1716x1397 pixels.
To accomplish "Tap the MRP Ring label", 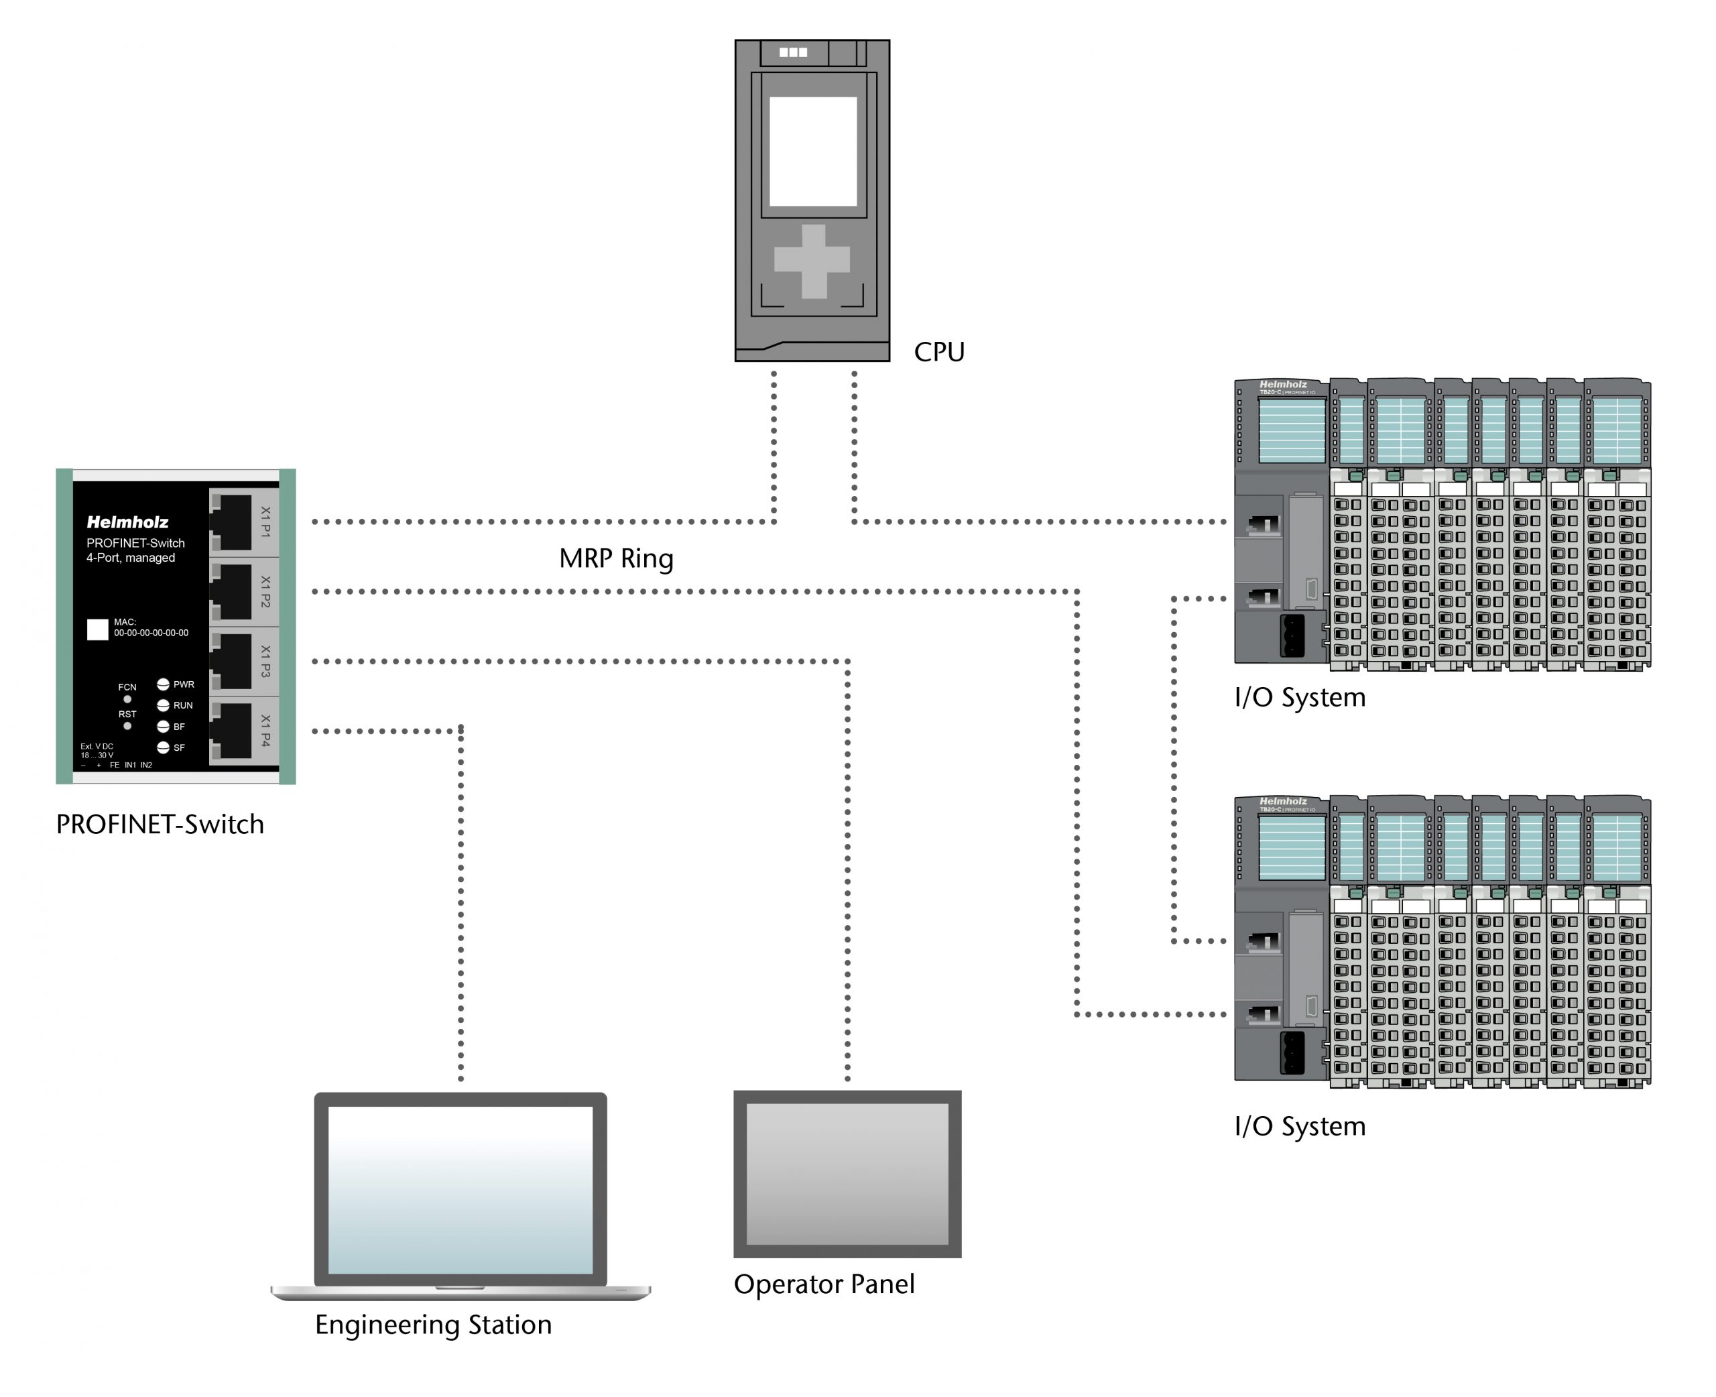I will pos(615,558).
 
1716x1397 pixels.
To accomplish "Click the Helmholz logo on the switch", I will pos(127,522).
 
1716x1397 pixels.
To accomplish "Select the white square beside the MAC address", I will pos(97,629).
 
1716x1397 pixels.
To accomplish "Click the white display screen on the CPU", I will pos(812,151).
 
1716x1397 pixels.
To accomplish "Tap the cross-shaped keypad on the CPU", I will pos(812,260).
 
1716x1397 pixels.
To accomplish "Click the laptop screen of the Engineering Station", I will pos(461,1189).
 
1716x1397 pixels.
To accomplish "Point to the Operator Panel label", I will pos(824,1284).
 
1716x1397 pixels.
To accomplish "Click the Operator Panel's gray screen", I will pos(847,1173).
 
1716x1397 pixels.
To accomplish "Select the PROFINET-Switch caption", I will pos(160,824).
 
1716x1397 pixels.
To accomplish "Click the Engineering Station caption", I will pos(433,1325).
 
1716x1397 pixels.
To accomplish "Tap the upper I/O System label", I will pos(1299,697).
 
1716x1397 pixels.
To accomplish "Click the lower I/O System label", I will pos(1299,1126).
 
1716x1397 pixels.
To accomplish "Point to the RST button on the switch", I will pos(127,726).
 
